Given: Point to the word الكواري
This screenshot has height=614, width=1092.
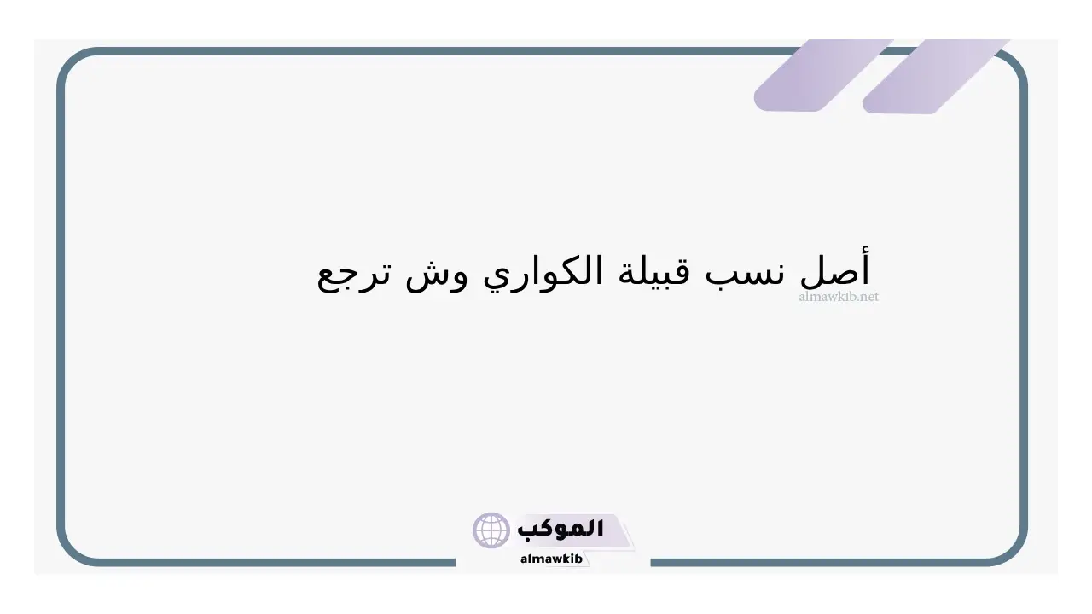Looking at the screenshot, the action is tap(543, 272).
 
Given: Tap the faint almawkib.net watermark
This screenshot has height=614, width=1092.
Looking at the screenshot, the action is tap(839, 296).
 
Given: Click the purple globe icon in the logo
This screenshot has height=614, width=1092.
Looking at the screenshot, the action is tap(491, 530).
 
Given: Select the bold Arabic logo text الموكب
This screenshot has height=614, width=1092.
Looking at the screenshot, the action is tap(561, 528).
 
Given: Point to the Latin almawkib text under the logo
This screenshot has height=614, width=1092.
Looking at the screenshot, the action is tap(551, 559).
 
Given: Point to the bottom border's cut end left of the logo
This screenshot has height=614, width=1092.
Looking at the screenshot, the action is tap(454, 562).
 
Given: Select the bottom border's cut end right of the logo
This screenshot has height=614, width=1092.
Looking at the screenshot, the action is tap(653, 562).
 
